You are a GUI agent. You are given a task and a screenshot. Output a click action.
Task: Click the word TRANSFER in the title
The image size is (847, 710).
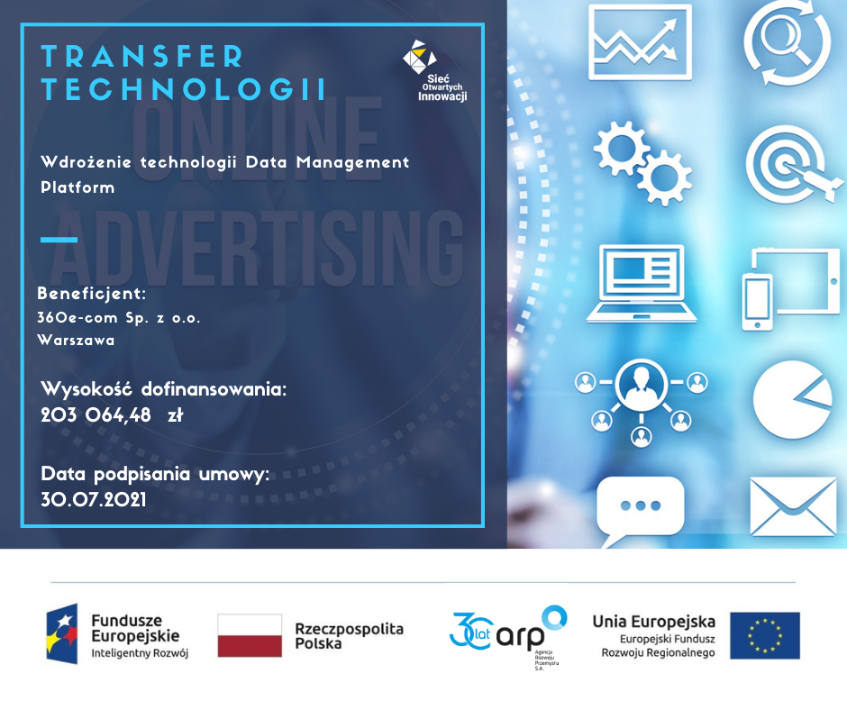coord(142,56)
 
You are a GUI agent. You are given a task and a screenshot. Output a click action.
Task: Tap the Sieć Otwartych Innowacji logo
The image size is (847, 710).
coord(435,71)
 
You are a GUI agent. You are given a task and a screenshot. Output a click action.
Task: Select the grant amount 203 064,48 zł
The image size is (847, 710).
coord(112,415)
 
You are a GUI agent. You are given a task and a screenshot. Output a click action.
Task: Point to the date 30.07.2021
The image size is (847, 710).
coord(94,499)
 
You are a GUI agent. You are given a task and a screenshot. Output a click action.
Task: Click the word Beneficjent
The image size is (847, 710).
coord(91,294)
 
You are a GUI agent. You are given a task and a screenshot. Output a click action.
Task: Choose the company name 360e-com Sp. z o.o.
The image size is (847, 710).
coord(119,318)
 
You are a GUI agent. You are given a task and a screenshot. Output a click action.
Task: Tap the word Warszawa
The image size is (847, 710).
coord(76,341)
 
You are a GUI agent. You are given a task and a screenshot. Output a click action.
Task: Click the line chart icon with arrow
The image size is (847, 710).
coord(640,42)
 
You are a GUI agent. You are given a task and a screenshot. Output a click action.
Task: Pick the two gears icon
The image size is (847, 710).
coord(642,163)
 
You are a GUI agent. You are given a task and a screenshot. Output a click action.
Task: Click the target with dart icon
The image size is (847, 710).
coord(794,165)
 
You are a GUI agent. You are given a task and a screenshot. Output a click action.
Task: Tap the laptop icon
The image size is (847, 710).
coord(642,284)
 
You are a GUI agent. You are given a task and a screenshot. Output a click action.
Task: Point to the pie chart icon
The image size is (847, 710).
coord(792,400)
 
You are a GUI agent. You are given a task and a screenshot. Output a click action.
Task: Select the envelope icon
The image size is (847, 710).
coord(793,507)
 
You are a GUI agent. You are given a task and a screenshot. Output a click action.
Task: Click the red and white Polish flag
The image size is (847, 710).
coord(250,635)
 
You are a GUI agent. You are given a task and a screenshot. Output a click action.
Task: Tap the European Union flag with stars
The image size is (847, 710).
coord(765,635)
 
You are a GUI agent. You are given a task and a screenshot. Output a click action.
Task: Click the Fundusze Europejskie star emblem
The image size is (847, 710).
coord(61,633)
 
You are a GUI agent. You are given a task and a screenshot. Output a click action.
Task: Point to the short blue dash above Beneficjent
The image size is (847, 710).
coord(59,240)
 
